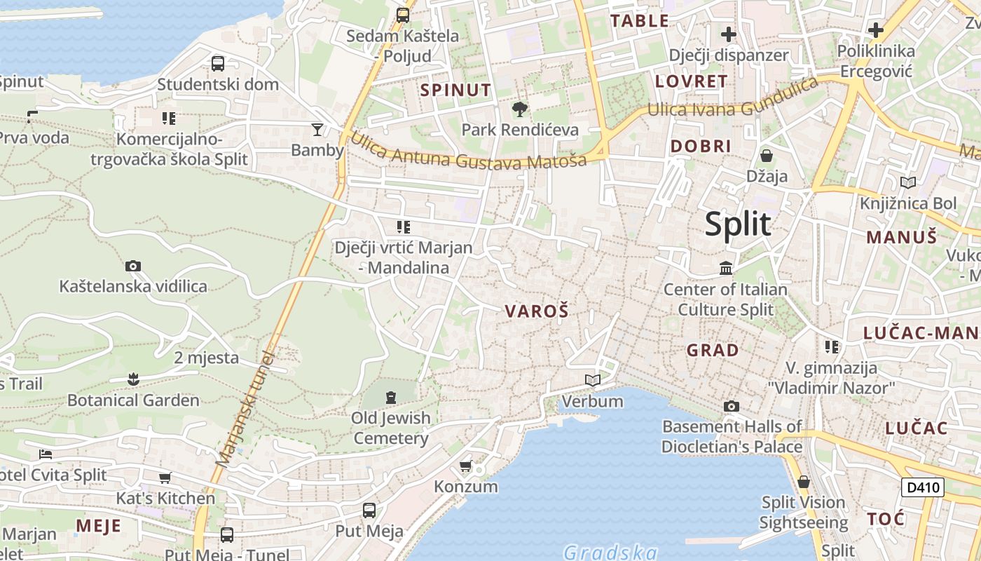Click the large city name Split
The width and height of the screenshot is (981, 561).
tap(737, 224)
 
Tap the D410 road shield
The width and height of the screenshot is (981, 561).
tap(922, 487)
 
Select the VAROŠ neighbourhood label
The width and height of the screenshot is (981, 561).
tap(536, 312)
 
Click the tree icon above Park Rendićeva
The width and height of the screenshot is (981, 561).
tap(519, 109)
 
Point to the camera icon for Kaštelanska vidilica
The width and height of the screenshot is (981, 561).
tap(133, 266)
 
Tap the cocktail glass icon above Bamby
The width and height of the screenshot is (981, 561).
tap(317, 130)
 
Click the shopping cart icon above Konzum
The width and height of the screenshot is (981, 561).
tap(465, 466)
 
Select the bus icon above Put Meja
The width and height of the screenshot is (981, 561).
tap(369, 511)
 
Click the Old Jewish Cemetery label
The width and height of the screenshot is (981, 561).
tap(390, 428)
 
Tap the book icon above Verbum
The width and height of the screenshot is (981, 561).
tap(593, 381)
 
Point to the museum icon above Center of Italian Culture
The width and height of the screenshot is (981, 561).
tap(725, 269)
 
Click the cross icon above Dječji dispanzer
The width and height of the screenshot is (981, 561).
tap(729, 34)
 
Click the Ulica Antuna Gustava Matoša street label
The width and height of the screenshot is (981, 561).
tap(468, 151)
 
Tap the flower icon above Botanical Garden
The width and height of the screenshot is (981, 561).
tap(133, 379)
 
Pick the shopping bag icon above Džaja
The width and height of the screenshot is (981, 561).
tap(767, 156)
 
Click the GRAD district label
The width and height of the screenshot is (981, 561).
tap(713, 350)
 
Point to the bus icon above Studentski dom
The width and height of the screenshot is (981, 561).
tap(218, 64)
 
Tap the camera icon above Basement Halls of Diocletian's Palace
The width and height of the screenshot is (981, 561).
tap(732, 406)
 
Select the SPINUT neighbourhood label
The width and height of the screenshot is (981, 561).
tap(455, 90)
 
